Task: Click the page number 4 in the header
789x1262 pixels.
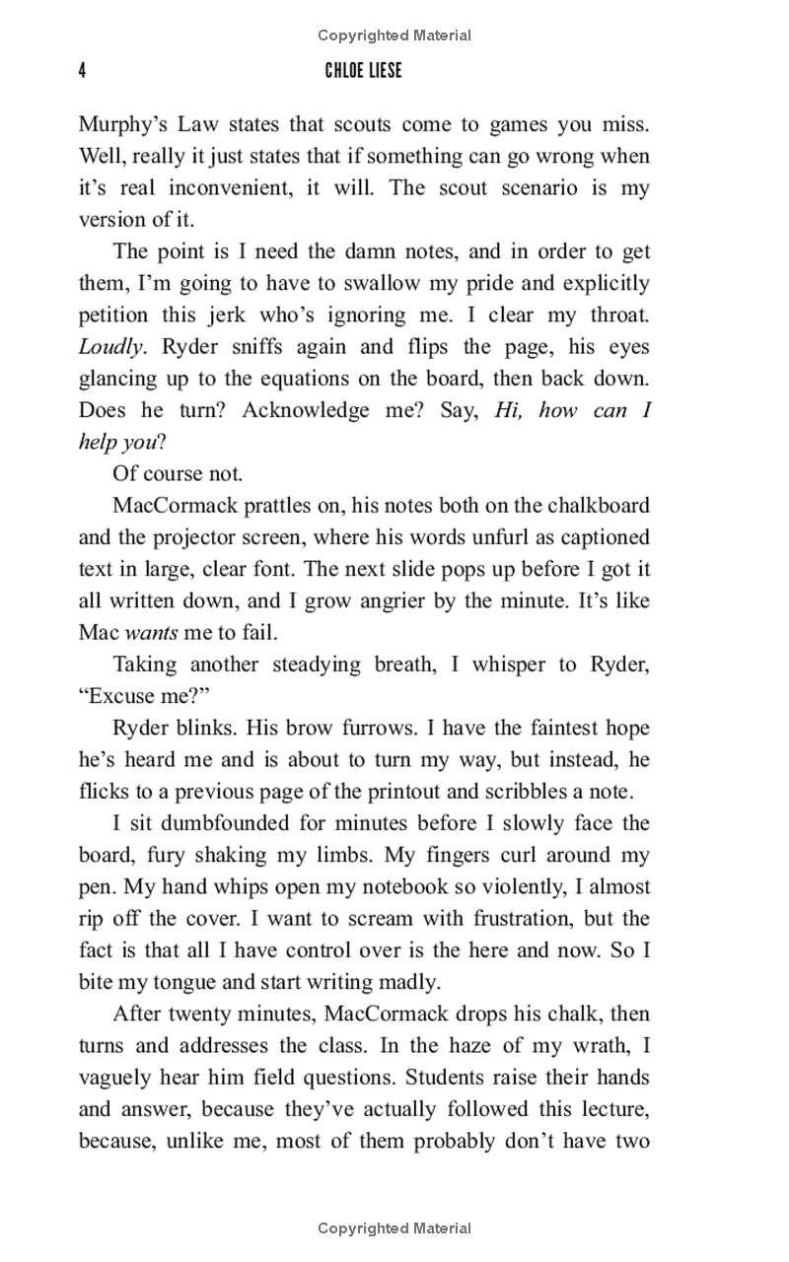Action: coord(83,71)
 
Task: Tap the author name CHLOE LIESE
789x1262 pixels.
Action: coord(365,71)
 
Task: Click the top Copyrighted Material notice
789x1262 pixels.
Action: coord(394,35)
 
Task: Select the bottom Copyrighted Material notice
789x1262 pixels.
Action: coord(394,1228)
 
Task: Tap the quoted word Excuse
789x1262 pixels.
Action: coord(124,696)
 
